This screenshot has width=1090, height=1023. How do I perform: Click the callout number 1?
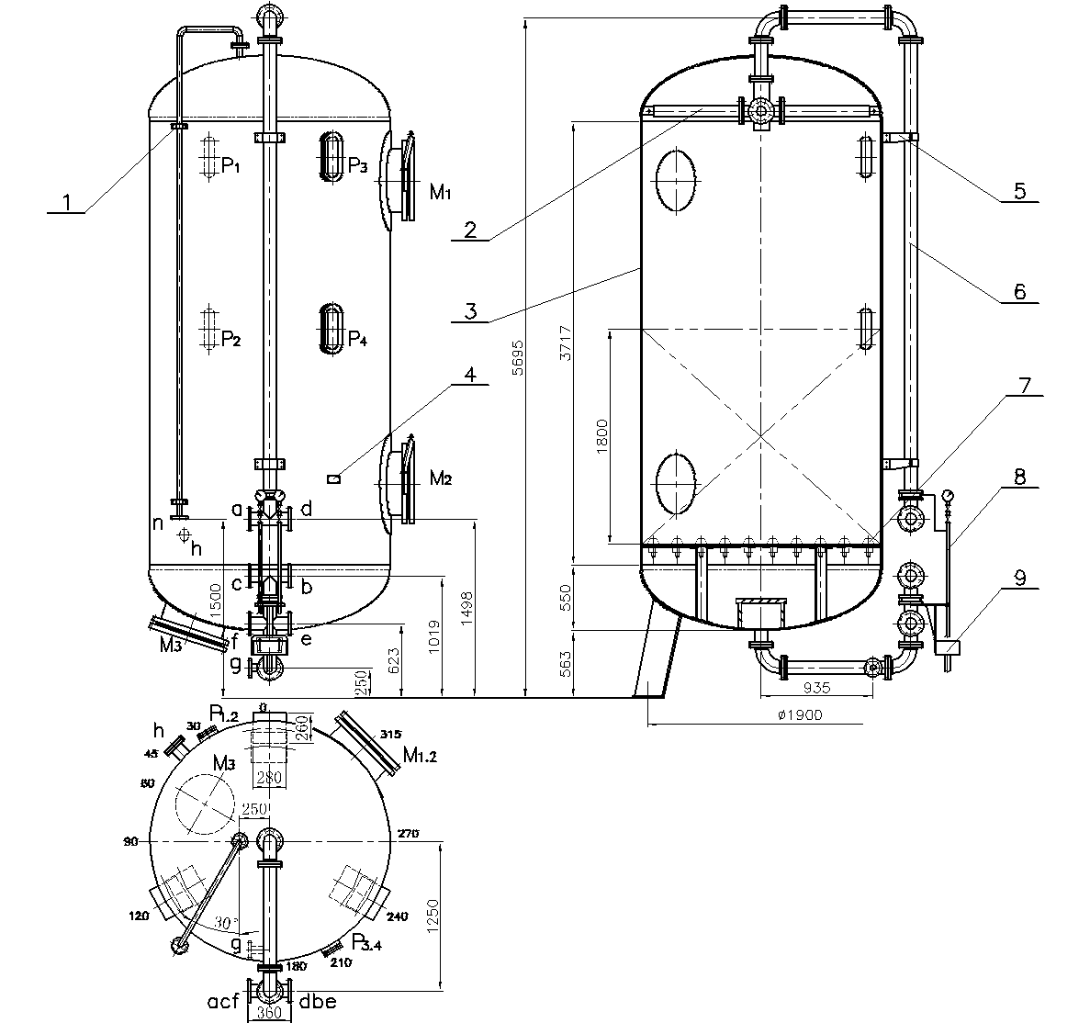tap(66, 201)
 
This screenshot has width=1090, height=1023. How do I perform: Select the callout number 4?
tap(470, 375)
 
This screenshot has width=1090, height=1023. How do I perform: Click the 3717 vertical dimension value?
tap(565, 343)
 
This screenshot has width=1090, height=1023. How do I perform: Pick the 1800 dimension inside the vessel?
tap(601, 433)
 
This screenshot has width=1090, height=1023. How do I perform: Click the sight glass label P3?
tap(357, 166)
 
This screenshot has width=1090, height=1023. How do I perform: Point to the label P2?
tap(230, 341)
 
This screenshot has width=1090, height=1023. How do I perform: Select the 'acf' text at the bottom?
tap(224, 1001)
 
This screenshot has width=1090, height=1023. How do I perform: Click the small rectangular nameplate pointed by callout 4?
tap(335, 478)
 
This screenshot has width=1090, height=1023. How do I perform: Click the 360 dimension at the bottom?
tap(268, 1014)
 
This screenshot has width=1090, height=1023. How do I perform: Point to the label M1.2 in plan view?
tap(421, 756)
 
